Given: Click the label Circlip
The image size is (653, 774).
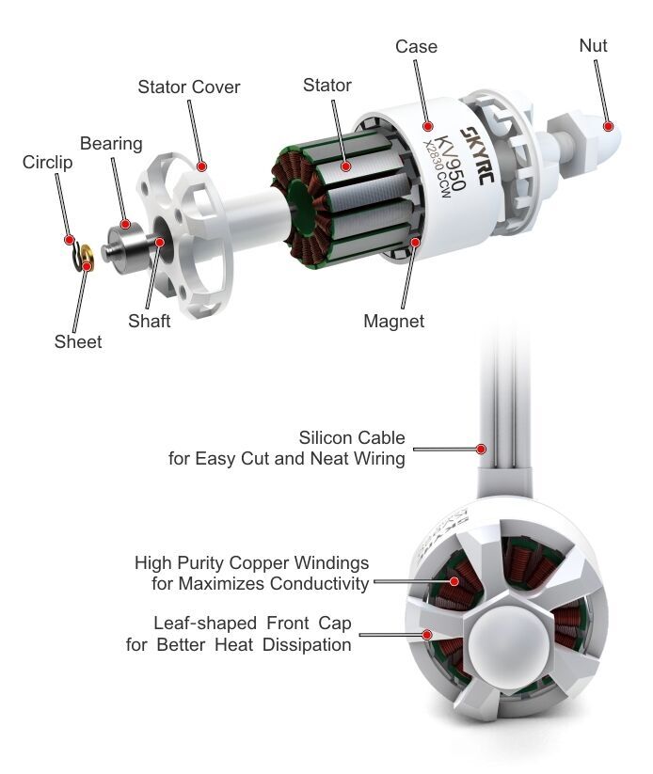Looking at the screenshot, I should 48,163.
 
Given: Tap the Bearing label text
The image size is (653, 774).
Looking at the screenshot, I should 111,144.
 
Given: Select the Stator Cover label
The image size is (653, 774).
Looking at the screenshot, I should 189,87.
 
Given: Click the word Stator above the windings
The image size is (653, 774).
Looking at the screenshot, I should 327,86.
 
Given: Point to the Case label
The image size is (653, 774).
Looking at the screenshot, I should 416,46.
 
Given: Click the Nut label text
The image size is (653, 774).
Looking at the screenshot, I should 594,45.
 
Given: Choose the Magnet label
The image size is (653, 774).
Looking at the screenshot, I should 394,322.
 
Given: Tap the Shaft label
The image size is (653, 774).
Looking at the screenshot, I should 150,322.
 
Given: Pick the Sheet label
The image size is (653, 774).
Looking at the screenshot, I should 77,342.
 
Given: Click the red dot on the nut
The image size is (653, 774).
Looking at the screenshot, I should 609,124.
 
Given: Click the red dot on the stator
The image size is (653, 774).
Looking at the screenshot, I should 346,166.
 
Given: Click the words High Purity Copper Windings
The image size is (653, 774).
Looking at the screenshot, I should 252,563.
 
